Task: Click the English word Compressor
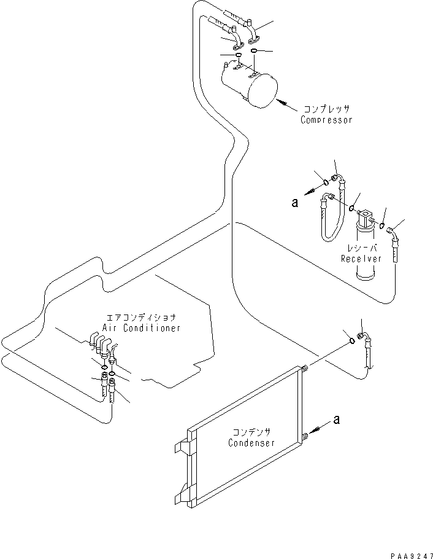click(x=326, y=120)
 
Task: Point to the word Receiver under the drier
click(x=361, y=259)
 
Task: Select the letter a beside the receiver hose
click(x=295, y=202)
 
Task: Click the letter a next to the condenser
click(x=335, y=420)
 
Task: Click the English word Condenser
click(x=251, y=443)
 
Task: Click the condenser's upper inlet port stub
click(x=303, y=369)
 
